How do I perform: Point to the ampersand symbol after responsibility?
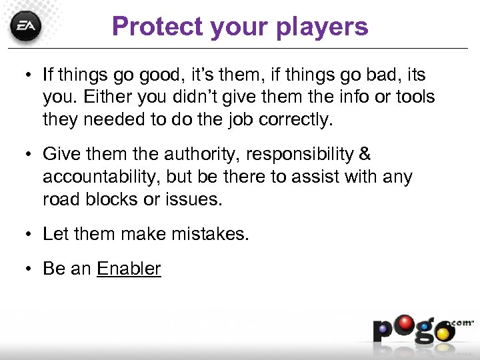click(365, 154)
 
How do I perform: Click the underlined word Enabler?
click(129, 269)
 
